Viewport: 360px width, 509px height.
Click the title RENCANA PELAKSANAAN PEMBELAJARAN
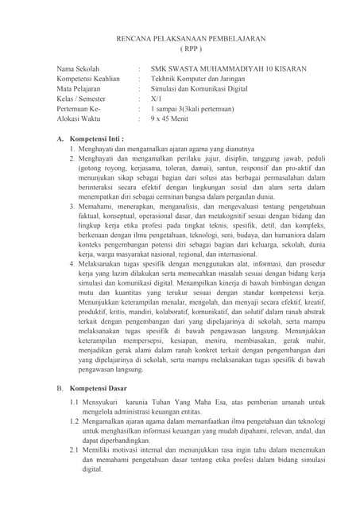click(x=180, y=38)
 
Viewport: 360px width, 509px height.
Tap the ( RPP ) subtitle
click(x=180, y=49)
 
